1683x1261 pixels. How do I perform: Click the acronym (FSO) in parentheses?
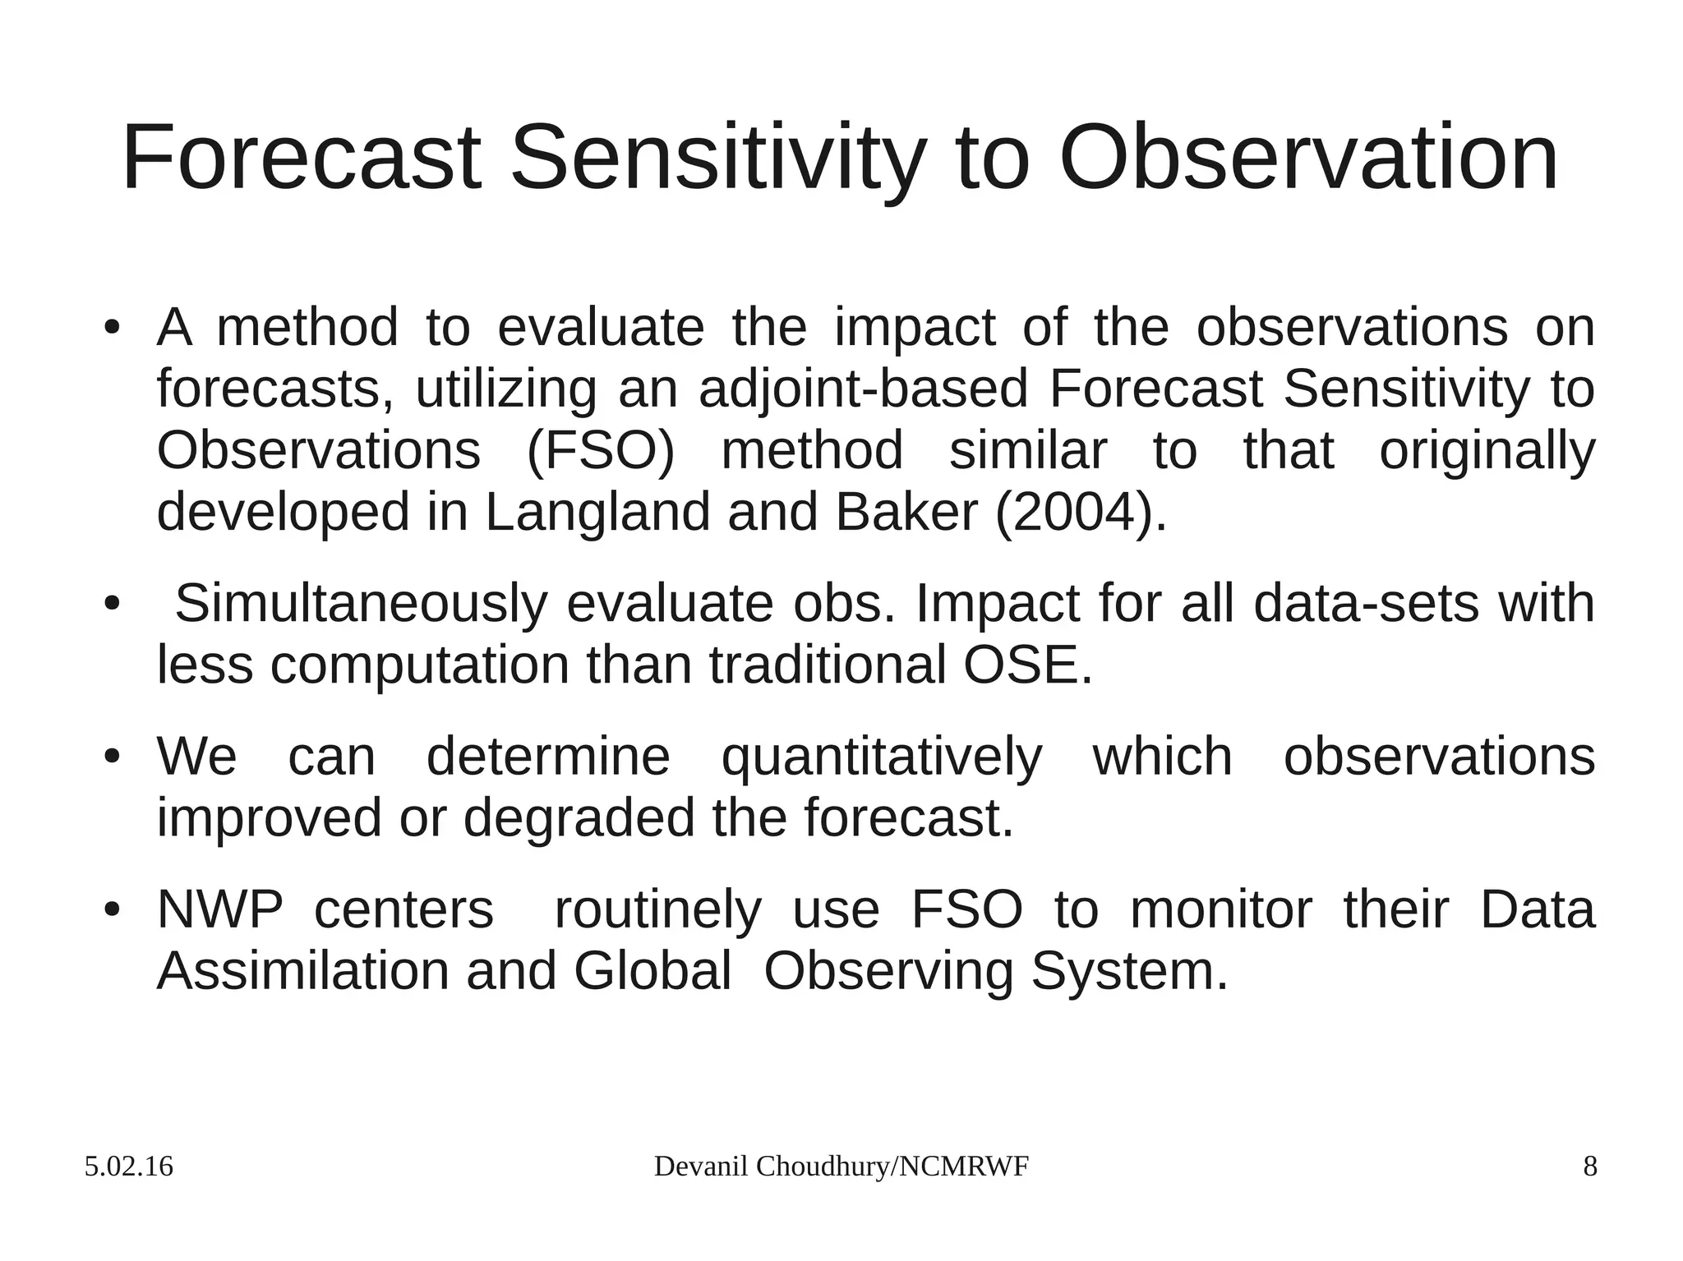[599, 450]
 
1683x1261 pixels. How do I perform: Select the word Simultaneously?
[361, 603]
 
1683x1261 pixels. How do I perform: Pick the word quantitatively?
[881, 757]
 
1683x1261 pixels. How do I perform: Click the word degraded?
[579, 817]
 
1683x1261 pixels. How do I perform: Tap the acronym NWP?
[219, 909]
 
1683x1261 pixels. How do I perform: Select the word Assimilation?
[302, 971]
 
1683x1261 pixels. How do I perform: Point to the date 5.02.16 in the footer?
[128, 1167]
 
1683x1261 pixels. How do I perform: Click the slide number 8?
[1590, 1167]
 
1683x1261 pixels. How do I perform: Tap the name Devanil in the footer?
[702, 1167]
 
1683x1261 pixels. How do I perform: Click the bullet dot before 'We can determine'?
[113, 757]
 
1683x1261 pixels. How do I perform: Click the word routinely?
[657, 909]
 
